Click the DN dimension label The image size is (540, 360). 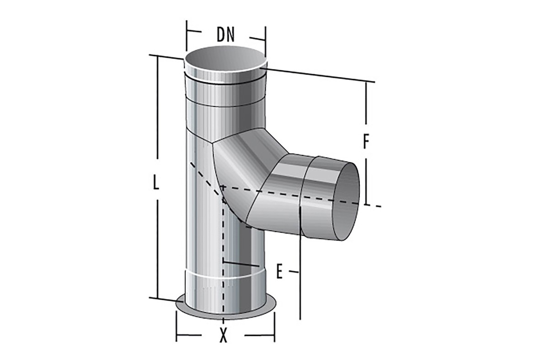click(225, 34)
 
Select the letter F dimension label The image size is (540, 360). click(366, 141)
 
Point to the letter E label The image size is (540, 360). click(279, 271)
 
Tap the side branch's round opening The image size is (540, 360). click(347, 201)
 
